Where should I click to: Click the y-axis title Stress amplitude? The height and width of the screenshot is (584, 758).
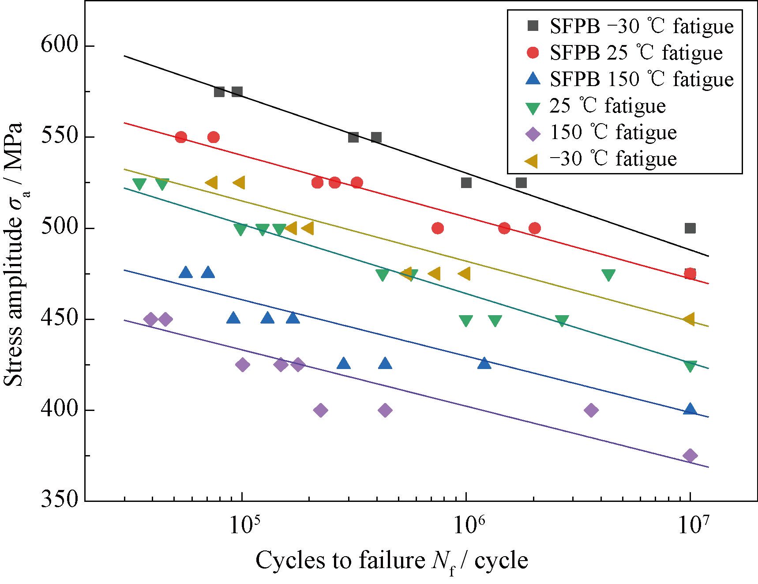click(13, 255)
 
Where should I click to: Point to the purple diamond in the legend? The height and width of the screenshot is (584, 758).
click(533, 133)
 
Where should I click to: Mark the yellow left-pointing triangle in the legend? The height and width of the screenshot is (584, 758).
click(533, 159)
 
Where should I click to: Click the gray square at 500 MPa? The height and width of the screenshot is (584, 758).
click(690, 228)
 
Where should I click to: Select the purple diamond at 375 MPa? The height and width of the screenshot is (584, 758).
click(690, 456)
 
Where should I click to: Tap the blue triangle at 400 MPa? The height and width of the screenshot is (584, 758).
click(690, 409)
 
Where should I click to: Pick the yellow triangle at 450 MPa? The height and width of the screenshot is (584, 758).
click(689, 319)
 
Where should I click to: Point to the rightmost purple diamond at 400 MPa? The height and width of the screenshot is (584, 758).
click(591, 411)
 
